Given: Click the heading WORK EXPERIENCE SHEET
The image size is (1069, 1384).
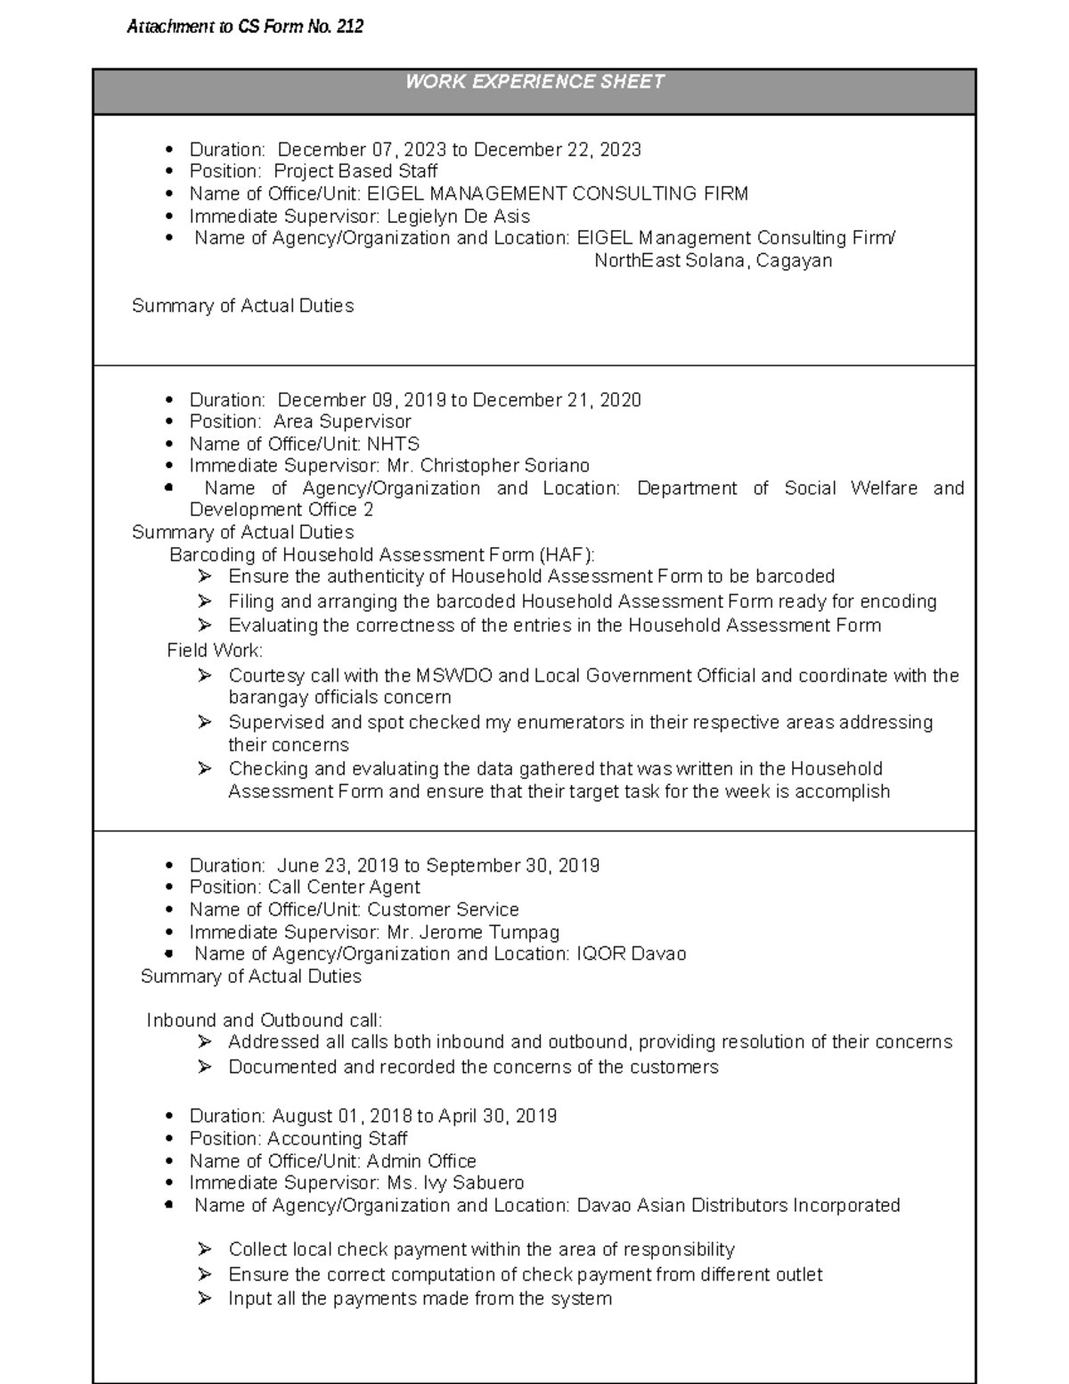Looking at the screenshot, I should point(534,82).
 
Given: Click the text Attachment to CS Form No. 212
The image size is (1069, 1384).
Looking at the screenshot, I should point(245,27).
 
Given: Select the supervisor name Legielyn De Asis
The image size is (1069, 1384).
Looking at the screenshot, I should point(458,217).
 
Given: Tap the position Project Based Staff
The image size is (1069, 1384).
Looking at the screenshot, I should point(355,171).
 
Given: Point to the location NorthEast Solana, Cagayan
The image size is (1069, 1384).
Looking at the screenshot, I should point(713,261).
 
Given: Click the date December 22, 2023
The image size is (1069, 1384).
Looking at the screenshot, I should point(557,150).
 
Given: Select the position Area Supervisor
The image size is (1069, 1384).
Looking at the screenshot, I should point(342,422).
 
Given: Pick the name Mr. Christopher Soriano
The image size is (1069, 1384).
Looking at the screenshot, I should point(488,466).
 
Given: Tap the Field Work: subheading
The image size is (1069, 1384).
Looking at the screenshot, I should point(215,651).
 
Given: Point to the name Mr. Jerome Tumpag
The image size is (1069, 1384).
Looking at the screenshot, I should point(473,932).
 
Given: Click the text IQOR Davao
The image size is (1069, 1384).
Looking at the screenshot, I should point(632,954).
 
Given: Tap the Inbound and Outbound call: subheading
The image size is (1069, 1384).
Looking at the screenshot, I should point(265,1020).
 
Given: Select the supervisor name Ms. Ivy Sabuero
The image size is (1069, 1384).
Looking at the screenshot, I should point(455,1183).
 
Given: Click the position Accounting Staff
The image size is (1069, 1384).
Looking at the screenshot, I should point(337,1139).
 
